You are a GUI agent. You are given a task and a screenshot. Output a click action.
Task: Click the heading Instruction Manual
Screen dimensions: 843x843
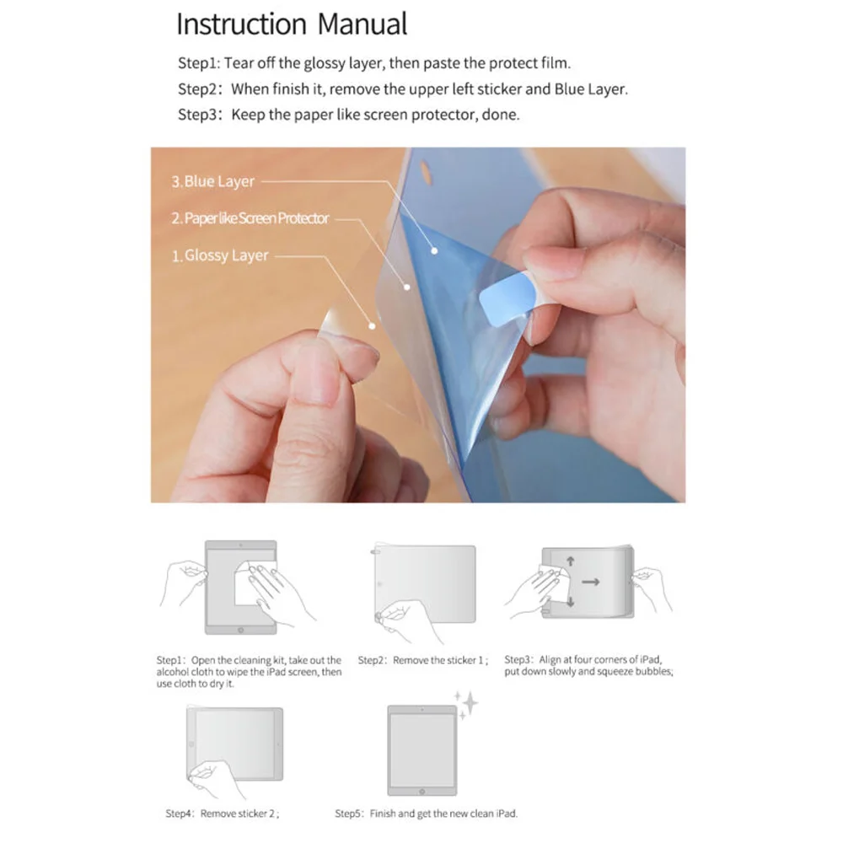tap(292, 24)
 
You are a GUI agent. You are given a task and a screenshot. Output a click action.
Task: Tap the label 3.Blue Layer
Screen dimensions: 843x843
tap(212, 181)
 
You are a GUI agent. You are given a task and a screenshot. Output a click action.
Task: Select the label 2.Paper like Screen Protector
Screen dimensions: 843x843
tap(250, 218)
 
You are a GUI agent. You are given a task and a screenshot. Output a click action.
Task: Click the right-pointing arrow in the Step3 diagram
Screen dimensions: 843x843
tap(590, 581)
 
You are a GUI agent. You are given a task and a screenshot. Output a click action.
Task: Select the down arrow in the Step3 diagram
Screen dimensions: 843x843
tap(570, 602)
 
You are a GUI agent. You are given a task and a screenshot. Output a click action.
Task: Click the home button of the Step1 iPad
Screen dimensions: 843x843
tap(240, 628)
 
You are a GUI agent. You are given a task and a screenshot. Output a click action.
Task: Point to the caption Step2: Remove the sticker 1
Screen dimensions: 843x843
tap(422, 660)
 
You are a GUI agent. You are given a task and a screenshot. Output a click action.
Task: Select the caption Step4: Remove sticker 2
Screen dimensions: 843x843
tap(222, 813)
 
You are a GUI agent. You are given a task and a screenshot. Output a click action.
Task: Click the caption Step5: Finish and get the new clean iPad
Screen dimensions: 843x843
tap(426, 813)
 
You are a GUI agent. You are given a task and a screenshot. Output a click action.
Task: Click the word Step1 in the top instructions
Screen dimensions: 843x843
tap(198, 63)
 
